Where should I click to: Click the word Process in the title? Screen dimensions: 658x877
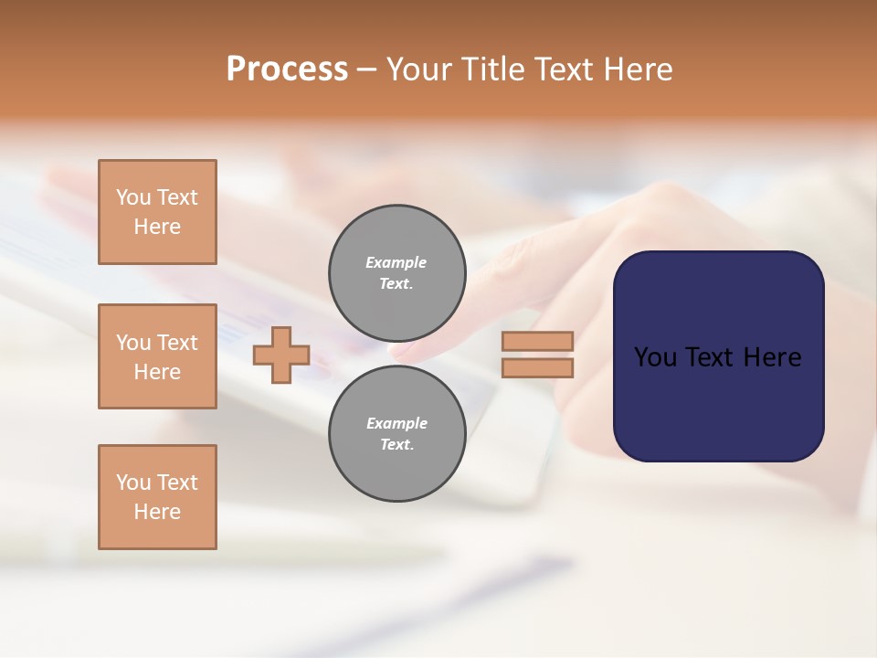[287, 69]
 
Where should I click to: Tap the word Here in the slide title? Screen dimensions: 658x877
[639, 69]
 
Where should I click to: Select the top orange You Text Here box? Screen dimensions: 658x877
[157, 212]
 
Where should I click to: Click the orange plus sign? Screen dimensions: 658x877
[281, 356]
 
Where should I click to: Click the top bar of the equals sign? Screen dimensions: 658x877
[538, 342]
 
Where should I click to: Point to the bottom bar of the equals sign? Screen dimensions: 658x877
[538, 368]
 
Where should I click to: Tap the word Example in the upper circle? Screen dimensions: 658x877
[396, 262]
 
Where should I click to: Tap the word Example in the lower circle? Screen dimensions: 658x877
[396, 423]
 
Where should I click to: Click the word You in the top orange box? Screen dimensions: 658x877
[133, 197]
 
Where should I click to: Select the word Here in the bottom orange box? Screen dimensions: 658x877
[157, 512]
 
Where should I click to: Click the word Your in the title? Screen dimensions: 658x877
[419, 69]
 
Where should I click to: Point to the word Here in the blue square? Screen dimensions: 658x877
[773, 357]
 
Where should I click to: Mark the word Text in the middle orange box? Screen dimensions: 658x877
[177, 343]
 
